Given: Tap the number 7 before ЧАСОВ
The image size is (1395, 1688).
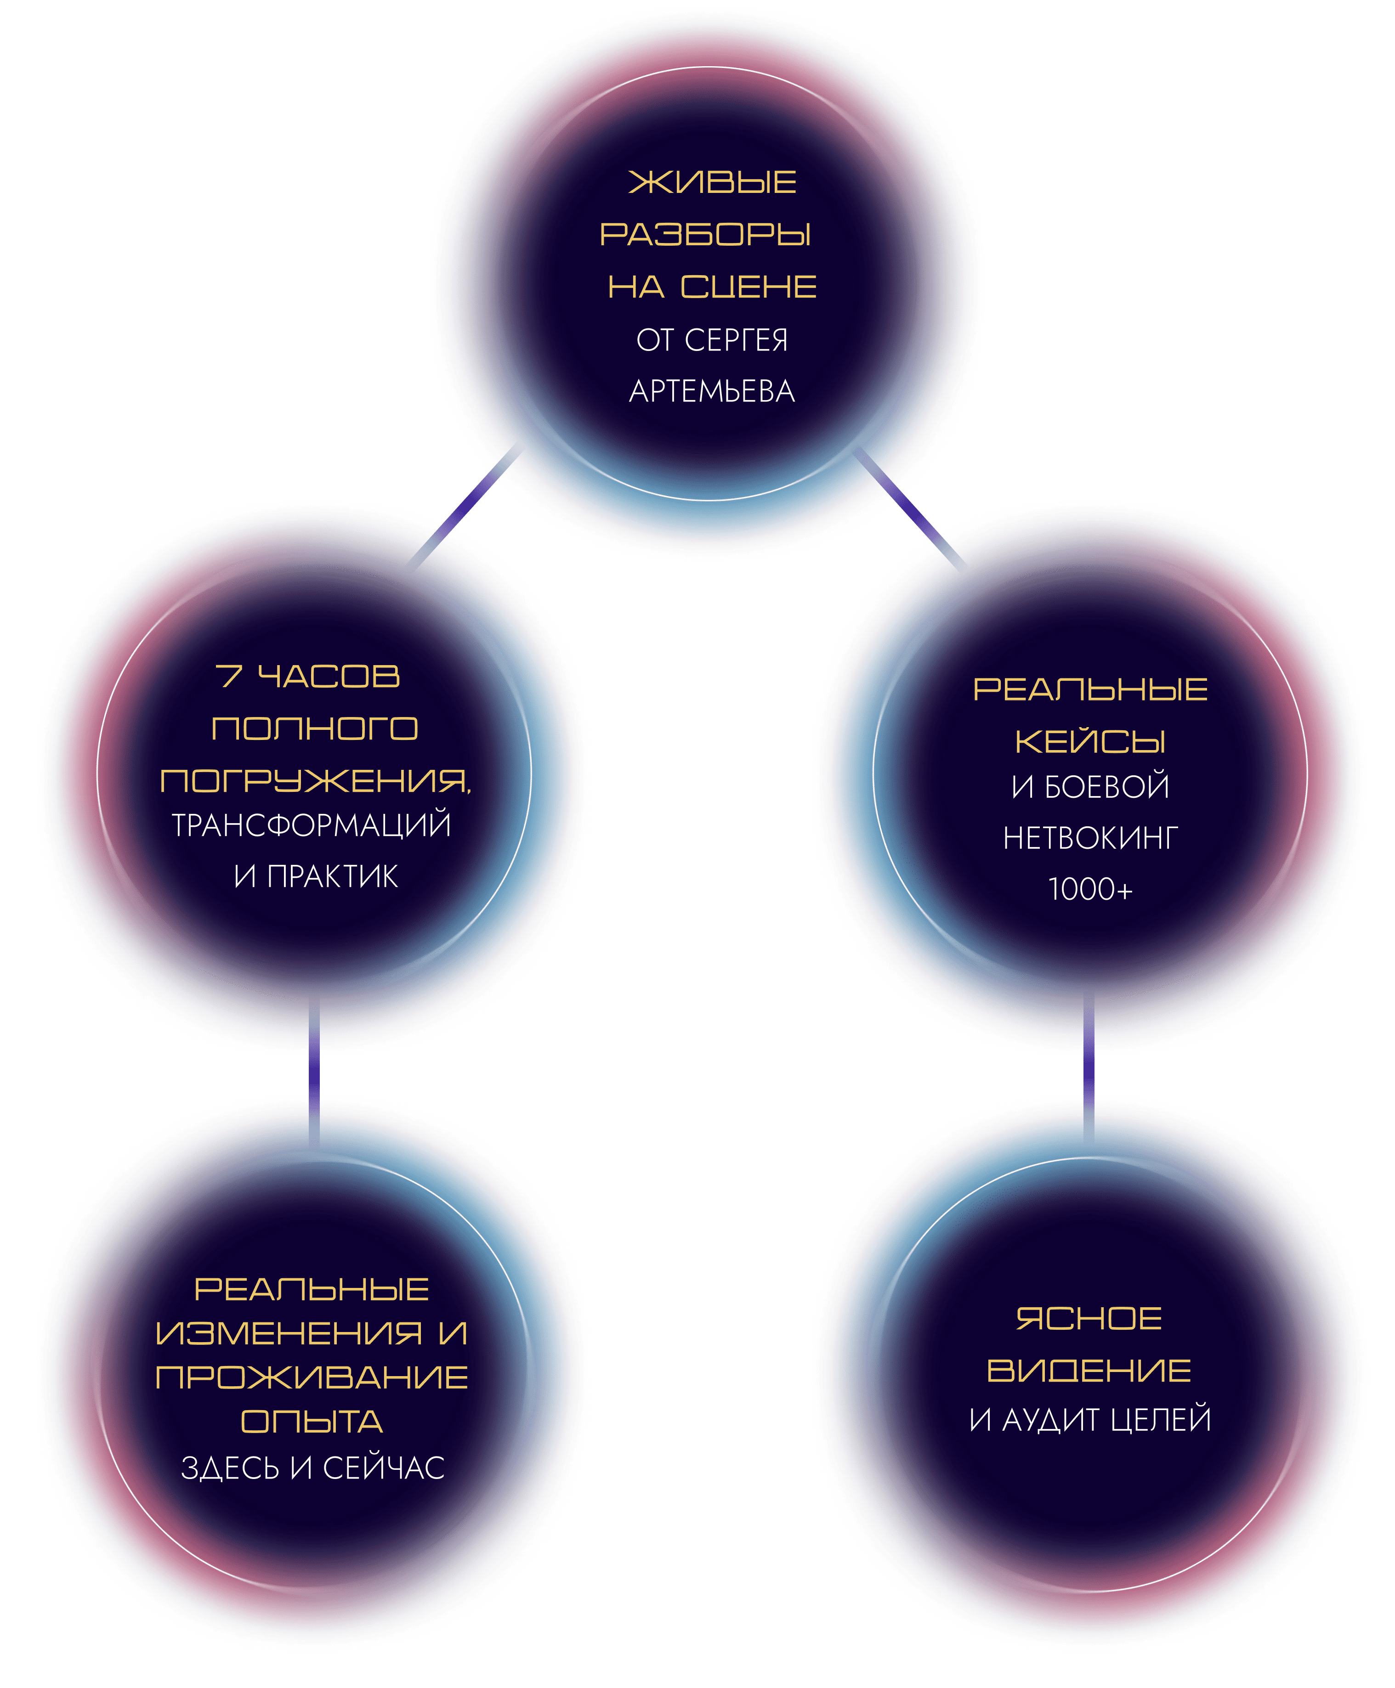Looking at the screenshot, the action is pos(228,677).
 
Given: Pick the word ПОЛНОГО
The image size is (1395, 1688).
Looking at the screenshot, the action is pos(315,728).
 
